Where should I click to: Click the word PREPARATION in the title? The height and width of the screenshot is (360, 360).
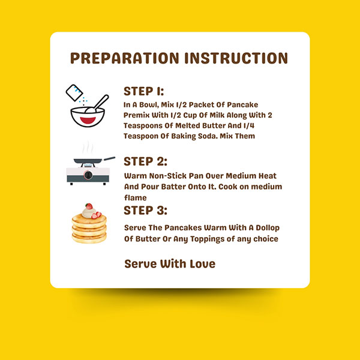[x=124, y=58]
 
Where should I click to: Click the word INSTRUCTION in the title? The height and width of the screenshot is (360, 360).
[x=236, y=58]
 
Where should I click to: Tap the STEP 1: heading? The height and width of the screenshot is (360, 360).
[x=144, y=91]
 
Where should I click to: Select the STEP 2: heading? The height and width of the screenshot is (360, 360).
[x=145, y=161]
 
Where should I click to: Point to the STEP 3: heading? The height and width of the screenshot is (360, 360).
[x=145, y=211]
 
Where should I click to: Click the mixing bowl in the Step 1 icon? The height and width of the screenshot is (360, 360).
[x=88, y=117]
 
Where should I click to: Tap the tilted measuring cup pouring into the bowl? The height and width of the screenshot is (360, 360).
[x=74, y=92]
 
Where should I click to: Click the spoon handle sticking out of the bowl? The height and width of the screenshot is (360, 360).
[x=101, y=102]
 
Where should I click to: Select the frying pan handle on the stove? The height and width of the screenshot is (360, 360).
[x=109, y=158]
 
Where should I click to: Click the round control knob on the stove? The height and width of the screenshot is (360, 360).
[x=88, y=175]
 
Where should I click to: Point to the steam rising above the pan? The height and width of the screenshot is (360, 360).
[x=88, y=148]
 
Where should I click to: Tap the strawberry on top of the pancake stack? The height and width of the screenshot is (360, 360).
[x=89, y=206]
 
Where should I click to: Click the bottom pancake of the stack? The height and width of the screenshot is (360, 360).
[x=89, y=239]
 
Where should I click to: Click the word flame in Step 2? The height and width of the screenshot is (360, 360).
[x=135, y=197]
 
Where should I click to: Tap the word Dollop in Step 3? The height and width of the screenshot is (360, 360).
[x=268, y=228]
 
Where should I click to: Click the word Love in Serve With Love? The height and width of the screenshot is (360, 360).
[x=203, y=263]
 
